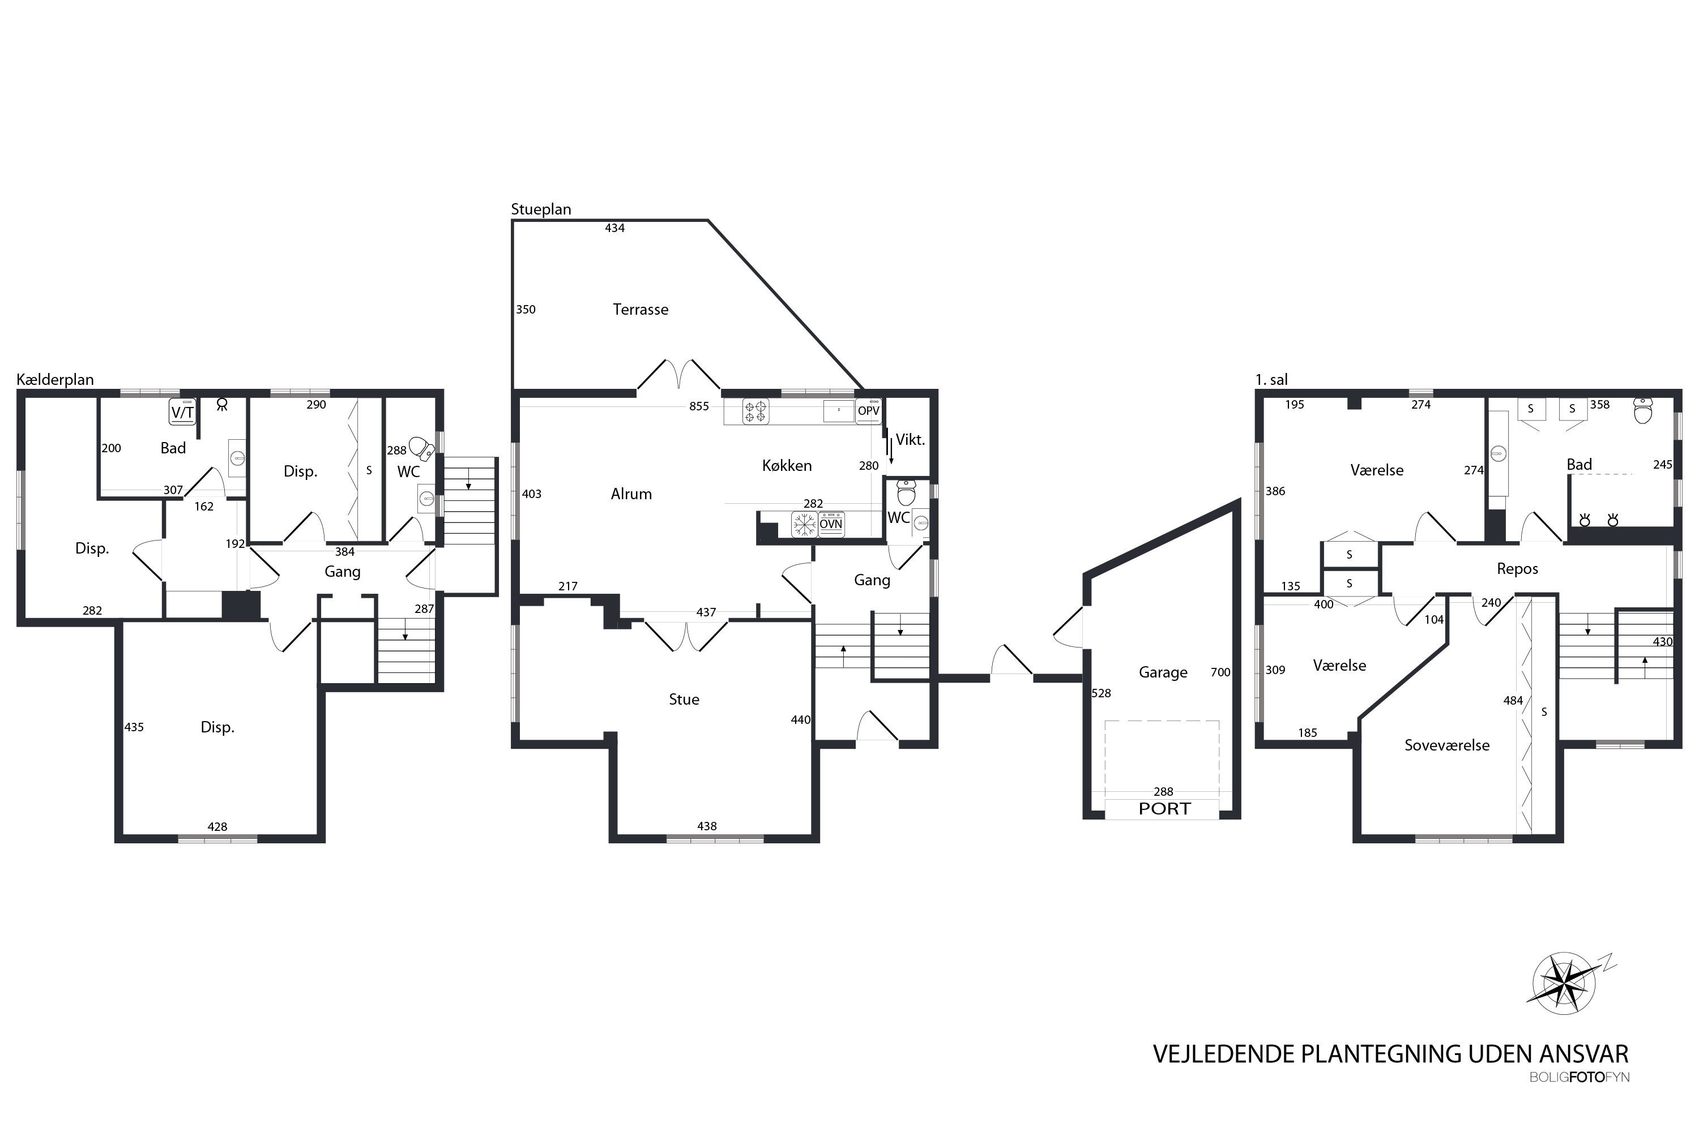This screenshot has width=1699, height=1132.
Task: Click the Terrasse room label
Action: (640, 310)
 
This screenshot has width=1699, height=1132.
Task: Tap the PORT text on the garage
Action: (1164, 809)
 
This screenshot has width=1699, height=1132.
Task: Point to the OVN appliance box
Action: (831, 524)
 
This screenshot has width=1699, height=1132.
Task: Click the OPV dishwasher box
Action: (868, 411)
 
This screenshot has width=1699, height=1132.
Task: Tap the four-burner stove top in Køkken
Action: (755, 411)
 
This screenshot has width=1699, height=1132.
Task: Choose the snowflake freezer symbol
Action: (804, 524)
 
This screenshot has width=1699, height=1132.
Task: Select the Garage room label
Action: (1163, 673)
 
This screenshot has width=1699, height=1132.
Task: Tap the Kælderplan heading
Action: (55, 380)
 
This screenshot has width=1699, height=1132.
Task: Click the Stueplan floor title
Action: (541, 209)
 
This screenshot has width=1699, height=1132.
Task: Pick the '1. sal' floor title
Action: (1271, 380)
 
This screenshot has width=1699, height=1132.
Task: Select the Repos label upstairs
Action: (1517, 569)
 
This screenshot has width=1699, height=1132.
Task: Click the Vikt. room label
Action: (910, 440)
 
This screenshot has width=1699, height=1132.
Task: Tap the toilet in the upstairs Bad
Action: (1643, 411)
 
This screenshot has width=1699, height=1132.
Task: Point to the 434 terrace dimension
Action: (614, 228)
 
